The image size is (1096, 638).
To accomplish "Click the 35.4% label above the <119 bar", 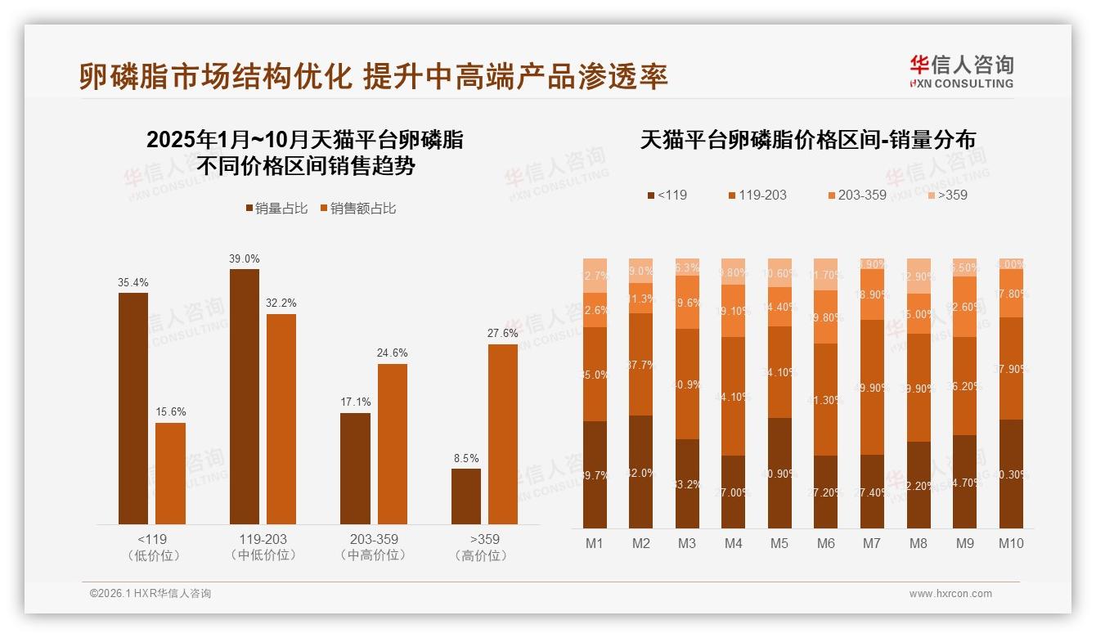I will pos(133,283).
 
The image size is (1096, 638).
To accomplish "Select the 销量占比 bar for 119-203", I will pos(245,397).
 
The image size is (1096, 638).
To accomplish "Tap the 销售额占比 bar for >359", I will pos(503,434).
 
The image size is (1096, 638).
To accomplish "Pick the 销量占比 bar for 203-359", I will pos(355,469).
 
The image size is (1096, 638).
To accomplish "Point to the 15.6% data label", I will pos(170,412).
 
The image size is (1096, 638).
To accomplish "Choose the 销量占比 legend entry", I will pos(276,209).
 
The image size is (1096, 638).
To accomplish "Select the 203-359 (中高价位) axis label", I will pos(373,547).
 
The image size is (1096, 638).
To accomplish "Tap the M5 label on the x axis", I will pos(779,544).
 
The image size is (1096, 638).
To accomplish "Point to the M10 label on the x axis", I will pos(1011,544).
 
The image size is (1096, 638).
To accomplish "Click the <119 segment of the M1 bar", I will pos(595,474).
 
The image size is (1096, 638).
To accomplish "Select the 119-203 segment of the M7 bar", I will pos(873,387).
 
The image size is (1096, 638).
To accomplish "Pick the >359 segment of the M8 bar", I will pos(919,276).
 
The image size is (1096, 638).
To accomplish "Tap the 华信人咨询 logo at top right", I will pos(961,71).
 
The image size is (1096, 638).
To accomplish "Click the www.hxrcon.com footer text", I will pos(950,594).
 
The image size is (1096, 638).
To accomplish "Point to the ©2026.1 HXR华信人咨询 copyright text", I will pos(150,594).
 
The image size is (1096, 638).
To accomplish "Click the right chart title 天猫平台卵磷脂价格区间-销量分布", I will pos(807,141).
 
